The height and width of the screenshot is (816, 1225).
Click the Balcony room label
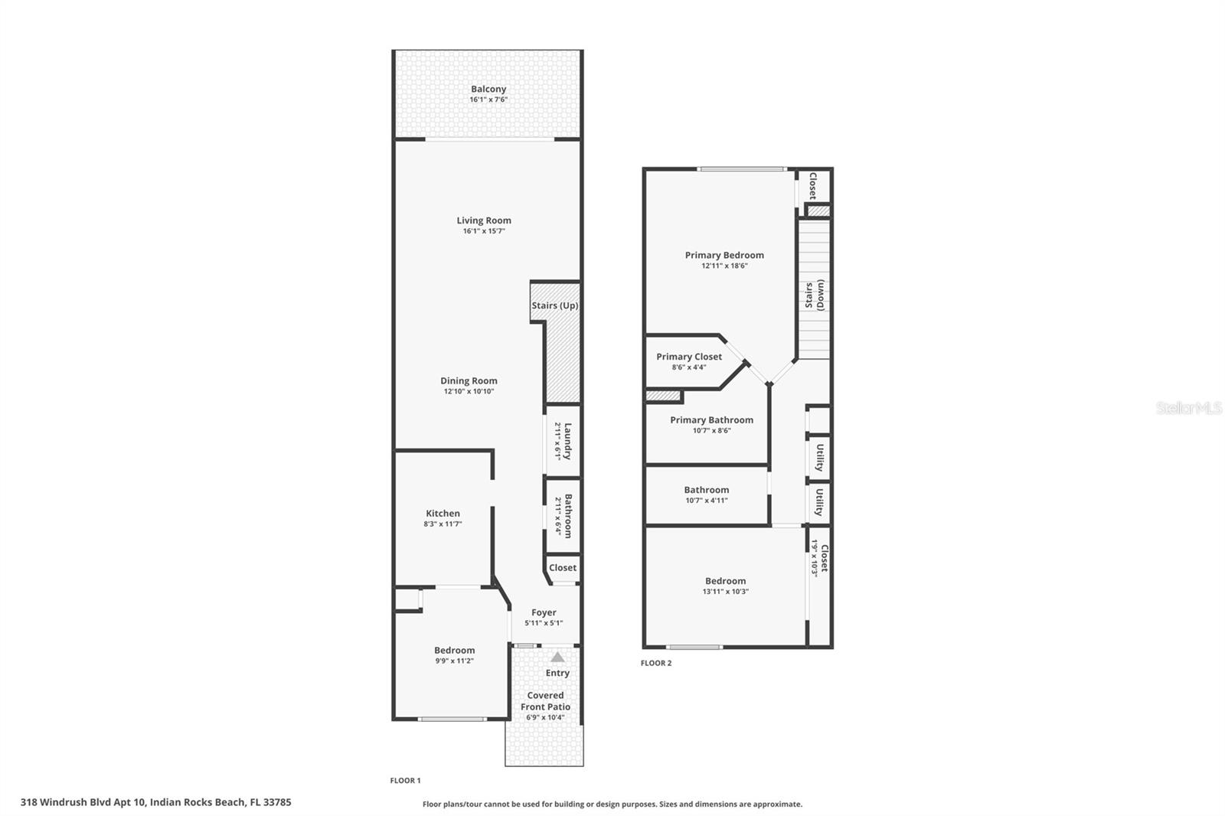point(488,89)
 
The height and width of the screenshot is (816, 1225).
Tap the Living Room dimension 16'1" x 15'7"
point(484,231)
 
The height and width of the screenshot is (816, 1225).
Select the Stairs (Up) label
point(555,305)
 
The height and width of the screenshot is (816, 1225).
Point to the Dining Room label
point(469,380)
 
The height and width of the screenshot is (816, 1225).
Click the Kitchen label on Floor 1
point(443,514)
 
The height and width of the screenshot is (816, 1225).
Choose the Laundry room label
point(567,441)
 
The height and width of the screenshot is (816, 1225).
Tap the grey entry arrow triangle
point(557,657)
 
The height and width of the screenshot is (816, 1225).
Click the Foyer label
point(544,612)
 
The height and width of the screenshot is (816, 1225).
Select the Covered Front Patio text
point(545,701)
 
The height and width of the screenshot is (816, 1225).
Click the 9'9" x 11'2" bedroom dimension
point(455,661)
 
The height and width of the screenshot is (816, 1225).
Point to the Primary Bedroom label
point(724,255)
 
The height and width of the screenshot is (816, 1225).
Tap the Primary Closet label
point(689,357)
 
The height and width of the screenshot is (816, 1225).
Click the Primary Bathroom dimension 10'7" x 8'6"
point(712,431)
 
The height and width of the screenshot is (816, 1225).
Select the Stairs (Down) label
point(814,295)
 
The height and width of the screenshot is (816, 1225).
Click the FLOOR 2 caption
point(656,663)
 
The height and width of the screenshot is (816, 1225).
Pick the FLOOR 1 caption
point(406,781)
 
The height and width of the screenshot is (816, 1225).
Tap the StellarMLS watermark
point(1188,408)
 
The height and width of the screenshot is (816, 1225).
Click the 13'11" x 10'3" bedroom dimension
point(726,592)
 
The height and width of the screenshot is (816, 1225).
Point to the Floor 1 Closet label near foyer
point(563,568)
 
